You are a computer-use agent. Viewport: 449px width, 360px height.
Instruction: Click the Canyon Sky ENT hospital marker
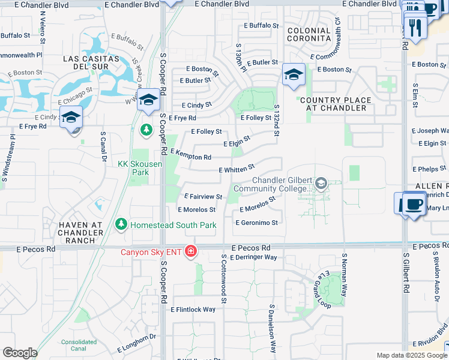191,250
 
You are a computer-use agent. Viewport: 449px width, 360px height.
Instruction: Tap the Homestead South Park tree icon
121,224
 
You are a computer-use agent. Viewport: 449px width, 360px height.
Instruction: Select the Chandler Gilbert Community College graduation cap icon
321,183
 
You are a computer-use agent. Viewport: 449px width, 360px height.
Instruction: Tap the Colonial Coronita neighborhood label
309,35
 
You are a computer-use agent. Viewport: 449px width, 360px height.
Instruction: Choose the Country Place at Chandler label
336,104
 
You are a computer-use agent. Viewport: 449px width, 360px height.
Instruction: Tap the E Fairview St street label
203,196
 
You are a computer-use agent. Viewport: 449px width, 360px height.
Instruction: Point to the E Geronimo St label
256,223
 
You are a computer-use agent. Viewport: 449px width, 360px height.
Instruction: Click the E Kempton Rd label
190,155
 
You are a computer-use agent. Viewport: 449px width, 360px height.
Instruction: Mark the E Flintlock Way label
193,310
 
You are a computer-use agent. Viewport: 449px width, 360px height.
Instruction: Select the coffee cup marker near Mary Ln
412,203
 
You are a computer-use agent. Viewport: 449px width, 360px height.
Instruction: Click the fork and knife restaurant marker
415,26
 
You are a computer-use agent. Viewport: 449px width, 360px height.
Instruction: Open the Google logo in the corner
20,353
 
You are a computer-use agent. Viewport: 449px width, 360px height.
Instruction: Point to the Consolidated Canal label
78,345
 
